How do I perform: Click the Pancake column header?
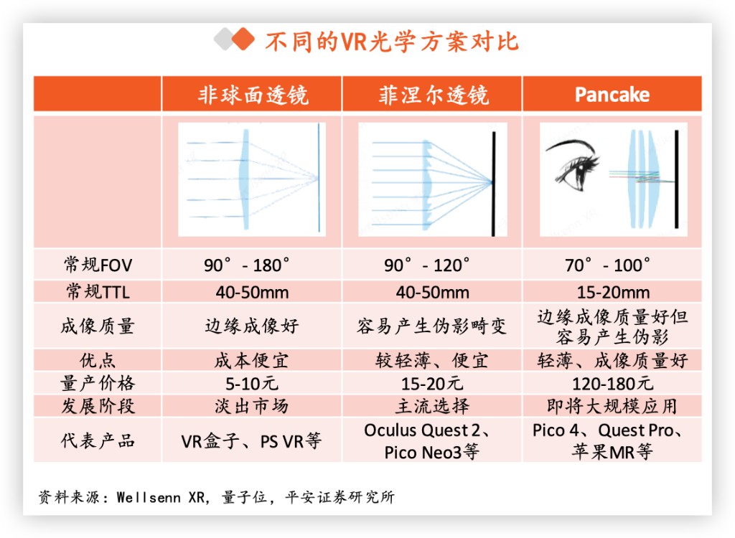pos(612,95)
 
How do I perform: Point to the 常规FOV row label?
pos(98,265)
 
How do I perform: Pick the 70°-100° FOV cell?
pos(612,265)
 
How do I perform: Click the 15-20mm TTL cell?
pos(612,292)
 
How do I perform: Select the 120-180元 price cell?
pos(612,382)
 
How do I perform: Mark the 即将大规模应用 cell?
pos(612,406)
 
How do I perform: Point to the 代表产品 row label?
pos(98,440)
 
